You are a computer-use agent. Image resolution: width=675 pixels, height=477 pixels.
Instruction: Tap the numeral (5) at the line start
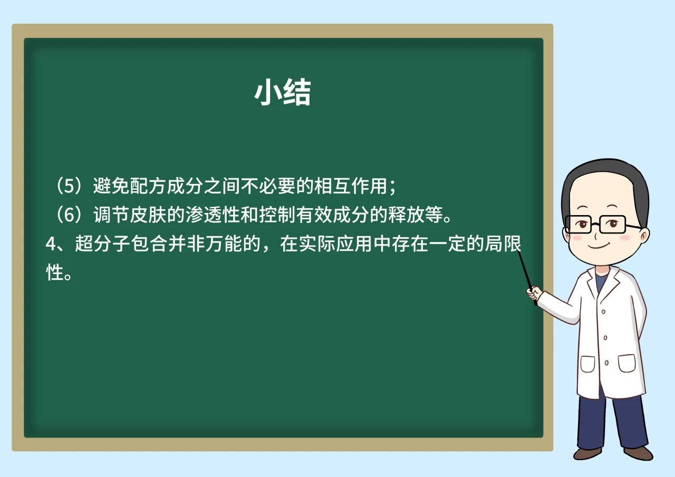[x=69, y=186]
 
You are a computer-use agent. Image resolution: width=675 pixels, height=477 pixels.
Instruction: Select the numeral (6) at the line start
[x=69, y=215]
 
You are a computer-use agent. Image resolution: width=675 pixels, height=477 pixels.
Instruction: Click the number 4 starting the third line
[x=50, y=244]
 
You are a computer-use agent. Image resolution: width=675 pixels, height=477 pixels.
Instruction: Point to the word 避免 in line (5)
[x=111, y=186]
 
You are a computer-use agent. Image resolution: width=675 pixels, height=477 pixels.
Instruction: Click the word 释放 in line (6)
[x=406, y=215]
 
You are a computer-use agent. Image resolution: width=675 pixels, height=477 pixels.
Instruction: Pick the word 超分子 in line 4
[x=102, y=244]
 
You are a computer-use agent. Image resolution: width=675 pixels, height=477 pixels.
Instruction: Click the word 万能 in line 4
[x=224, y=244]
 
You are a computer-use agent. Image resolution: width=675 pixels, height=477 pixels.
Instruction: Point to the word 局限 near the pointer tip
[x=503, y=244]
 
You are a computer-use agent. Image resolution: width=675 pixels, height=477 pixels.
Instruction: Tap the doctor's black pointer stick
[x=527, y=278]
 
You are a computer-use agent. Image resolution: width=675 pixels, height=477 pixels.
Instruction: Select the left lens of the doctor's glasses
[x=578, y=225]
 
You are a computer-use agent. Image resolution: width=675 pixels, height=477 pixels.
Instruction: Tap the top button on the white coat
[x=603, y=311]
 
